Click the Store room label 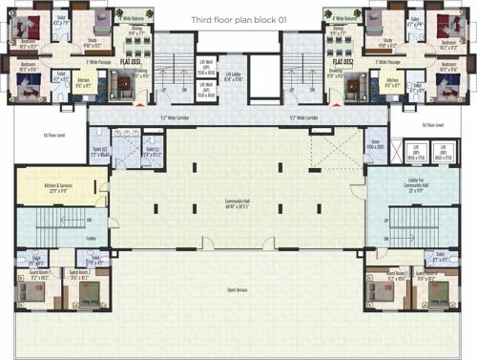[349, 143]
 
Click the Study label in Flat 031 [93, 41]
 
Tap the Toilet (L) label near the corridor [151, 150]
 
